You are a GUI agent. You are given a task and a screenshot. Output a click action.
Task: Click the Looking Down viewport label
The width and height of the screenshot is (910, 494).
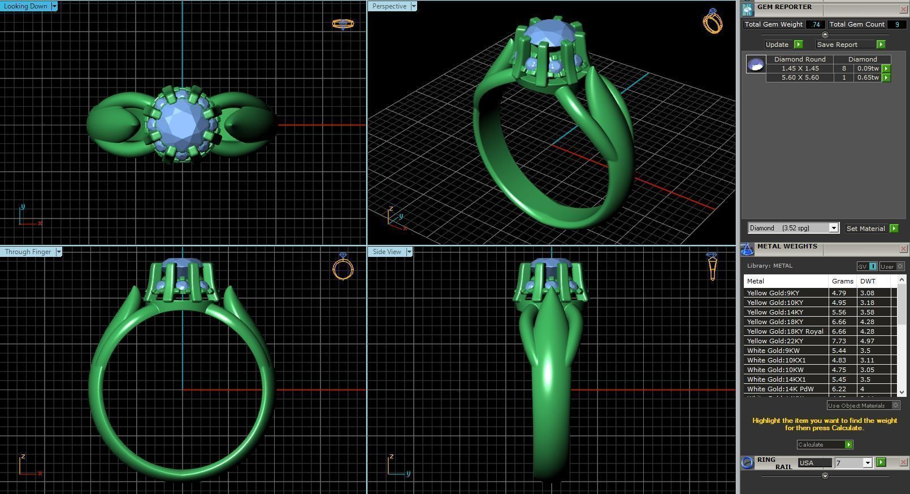pos(25,6)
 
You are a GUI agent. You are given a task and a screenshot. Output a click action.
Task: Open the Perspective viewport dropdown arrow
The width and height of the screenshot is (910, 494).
pos(414,6)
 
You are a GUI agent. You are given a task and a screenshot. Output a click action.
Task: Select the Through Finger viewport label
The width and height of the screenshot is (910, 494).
pos(28,252)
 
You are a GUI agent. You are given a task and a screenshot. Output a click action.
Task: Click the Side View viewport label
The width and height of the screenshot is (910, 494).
pos(387,252)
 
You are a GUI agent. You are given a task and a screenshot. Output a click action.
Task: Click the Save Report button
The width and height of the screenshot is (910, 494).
pos(837,45)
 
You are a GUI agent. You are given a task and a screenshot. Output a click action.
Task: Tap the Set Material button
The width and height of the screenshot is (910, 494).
pos(865,229)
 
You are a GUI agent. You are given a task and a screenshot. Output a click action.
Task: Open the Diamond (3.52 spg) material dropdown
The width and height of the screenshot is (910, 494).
pos(833,228)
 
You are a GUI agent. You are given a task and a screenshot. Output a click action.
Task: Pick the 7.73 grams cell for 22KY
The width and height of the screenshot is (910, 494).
pos(839,341)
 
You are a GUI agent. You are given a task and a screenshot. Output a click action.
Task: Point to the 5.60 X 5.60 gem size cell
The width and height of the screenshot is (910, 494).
pos(800,77)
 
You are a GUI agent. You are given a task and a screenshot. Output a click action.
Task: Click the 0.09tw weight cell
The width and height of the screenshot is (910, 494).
pos(868,68)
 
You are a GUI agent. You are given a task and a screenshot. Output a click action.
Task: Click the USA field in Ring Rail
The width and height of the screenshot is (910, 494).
pos(814,463)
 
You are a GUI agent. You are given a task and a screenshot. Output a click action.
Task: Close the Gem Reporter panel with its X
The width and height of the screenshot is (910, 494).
pos(903,9)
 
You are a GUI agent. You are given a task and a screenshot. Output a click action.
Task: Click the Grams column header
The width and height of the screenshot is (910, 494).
pos(842,281)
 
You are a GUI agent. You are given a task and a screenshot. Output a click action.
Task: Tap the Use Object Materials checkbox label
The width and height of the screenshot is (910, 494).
pos(856,405)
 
